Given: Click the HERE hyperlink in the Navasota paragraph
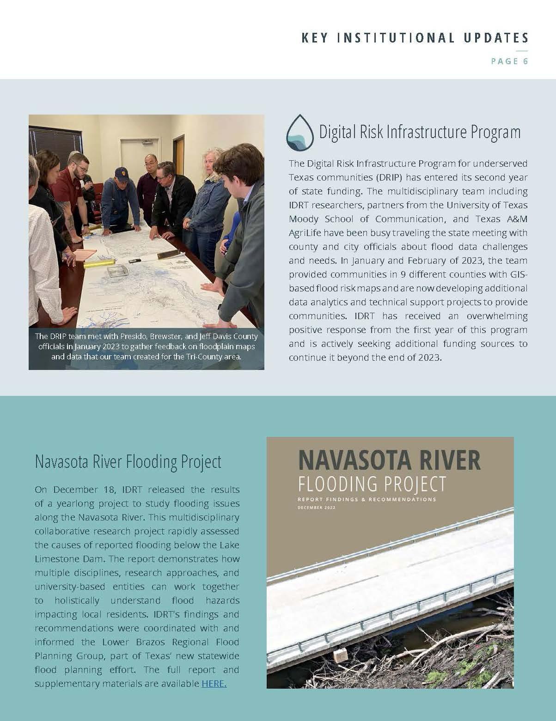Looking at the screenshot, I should pyautogui.click(x=214, y=684).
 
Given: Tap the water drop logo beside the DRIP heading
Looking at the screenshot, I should pyautogui.click(x=300, y=133).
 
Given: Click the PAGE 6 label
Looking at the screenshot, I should pyautogui.click(x=509, y=61).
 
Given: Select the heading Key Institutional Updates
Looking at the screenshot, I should pyautogui.click(x=415, y=38).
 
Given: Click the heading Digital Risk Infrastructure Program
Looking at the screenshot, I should pyautogui.click(x=420, y=132).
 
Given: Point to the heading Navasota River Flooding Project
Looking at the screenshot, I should pyautogui.click(x=128, y=461).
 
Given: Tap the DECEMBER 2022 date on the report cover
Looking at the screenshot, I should pyautogui.click(x=317, y=508).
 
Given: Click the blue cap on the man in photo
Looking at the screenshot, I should pyautogui.click(x=121, y=173).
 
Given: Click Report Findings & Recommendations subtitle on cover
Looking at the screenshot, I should pyautogui.click(x=367, y=499).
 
